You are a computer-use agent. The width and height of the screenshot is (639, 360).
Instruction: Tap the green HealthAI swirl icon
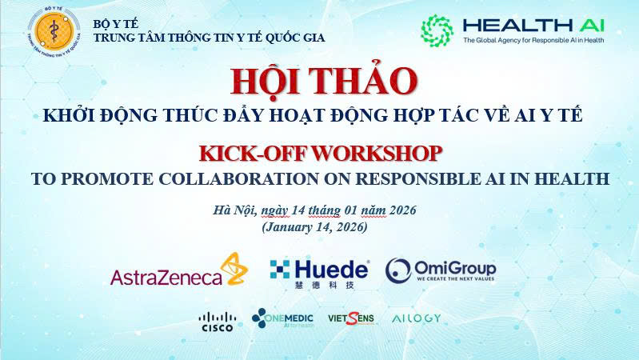[x=437, y=30]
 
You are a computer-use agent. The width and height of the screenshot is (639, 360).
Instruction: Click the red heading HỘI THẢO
[x=324, y=82]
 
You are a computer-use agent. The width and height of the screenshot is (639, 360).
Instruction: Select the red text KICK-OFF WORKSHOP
[x=320, y=152]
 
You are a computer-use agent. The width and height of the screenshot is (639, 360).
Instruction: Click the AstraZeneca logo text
[x=166, y=278]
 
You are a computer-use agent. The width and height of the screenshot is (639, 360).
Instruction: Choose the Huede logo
[x=320, y=272]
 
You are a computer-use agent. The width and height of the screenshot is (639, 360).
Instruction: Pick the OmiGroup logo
[x=441, y=270]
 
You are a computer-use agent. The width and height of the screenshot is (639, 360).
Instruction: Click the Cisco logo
[x=216, y=321]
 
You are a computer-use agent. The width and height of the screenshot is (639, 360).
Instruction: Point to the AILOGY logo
[x=416, y=318]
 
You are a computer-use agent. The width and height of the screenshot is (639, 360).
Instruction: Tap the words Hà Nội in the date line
[x=234, y=210]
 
